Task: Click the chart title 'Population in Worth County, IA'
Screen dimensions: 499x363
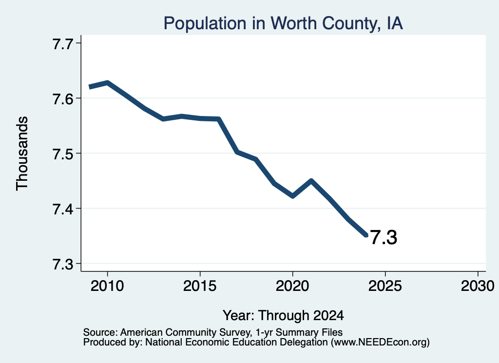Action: click(x=283, y=23)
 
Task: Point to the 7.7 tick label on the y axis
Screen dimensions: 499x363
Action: click(x=63, y=44)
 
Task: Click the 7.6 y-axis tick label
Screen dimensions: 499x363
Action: click(x=63, y=99)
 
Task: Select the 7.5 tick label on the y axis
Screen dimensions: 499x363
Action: click(x=63, y=154)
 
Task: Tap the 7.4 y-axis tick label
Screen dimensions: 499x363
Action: click(x=63, y=209)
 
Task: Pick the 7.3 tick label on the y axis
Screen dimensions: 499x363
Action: click(x=63, y=264)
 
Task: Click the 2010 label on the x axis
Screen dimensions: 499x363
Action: click(x=107, y=286)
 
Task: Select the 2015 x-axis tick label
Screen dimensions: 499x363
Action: click(x=200, y=286)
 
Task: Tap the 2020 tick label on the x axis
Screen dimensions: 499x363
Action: click(x=292, y=286)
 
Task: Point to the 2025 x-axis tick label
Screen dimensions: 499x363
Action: click(x=385, y=286)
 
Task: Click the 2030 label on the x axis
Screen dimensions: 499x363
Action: click(x=478, y=286)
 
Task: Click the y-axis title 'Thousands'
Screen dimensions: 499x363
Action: click(x=22, y=153)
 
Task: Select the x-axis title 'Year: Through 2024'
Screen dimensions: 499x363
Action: click(x=283, y=315)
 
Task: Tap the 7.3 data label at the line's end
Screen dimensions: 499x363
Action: click(x=384, y=238)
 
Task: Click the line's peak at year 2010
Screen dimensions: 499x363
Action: click(x=108, y=83)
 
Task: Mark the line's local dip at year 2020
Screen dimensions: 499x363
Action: click(x=292, y=196)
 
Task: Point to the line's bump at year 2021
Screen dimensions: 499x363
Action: click(x=311, y=181)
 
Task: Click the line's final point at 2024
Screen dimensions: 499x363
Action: click(x=366, y=235)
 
